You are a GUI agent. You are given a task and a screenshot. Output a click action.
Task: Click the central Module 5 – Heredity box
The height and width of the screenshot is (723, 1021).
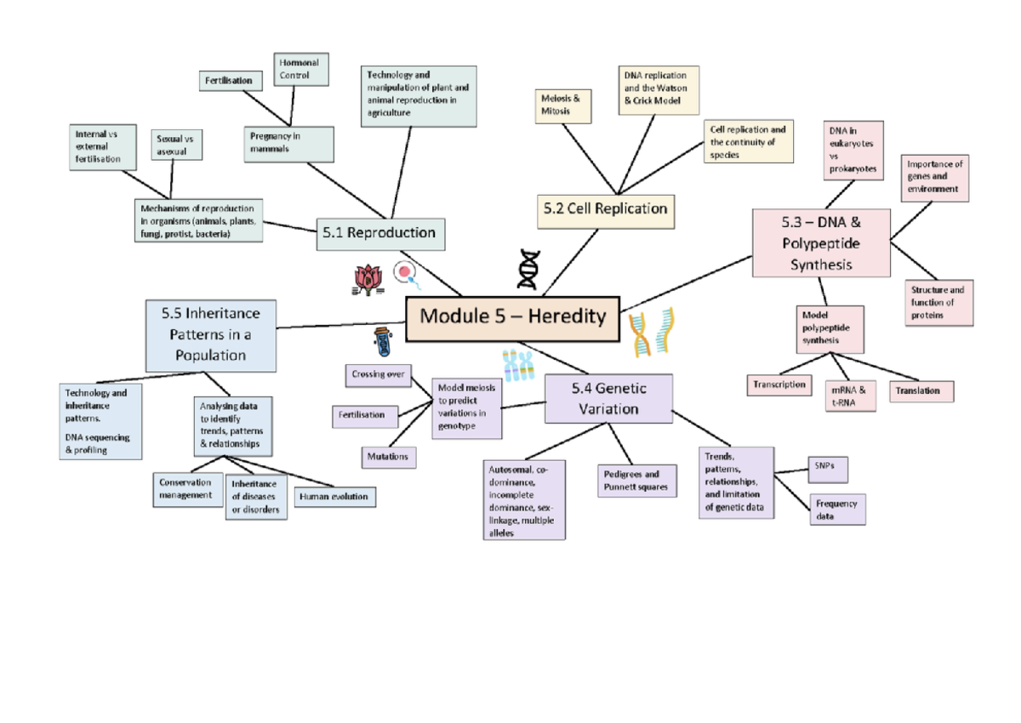(x=513, y=318)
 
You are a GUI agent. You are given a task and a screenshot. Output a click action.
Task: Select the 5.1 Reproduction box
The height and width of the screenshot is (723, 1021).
(x=379, y=233)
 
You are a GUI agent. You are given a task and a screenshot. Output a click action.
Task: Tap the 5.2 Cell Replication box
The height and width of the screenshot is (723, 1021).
(x=605, y=209)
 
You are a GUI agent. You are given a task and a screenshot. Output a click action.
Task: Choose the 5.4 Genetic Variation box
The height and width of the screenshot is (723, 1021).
(x=608, y=398)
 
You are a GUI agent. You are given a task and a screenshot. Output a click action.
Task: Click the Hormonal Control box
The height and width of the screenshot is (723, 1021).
(x=301, y=70)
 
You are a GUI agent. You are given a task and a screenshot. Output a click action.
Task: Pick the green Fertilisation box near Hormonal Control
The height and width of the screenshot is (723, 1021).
(x=228, y=81)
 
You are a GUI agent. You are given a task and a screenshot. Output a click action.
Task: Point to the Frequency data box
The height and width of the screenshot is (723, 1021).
(x=836, y=510)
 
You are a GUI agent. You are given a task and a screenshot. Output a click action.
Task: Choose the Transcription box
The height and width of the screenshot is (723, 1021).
(x=779, y=384)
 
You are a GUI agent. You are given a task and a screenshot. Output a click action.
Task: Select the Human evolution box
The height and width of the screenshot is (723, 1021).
(x=334, y=497)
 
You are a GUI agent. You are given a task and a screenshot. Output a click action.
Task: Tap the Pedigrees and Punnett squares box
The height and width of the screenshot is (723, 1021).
(x=636, y=481)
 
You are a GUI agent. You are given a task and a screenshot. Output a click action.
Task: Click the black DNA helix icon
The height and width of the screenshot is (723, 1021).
(x=529, y=270)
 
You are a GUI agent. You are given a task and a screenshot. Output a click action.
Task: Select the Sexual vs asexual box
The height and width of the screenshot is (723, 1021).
(x=177, y=145)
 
